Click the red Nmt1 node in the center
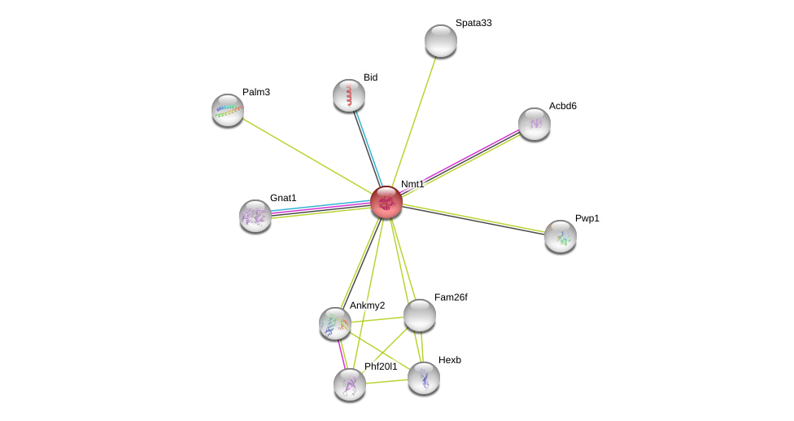(x=386, y=201)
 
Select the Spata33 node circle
(x=440, y=41)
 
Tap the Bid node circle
(x=349, y=95)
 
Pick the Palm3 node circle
(x=228, y=110)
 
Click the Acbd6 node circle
(x=534, y=124)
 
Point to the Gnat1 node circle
(x=255, y=216)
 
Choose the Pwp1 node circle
(x=561, y=236)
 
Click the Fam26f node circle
(x=420, y=315)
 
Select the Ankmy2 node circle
(x=335, y=323)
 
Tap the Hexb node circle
(x=424, y=378)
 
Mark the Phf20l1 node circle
(x=350, y=384)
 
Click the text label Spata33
(x=473, y=23)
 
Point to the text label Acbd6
(x=562, y=106)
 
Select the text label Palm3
(x=256, y=92)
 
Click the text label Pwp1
(x=587, y=218)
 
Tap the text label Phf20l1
(x=381, y=366)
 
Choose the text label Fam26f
(x=451, y=297)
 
